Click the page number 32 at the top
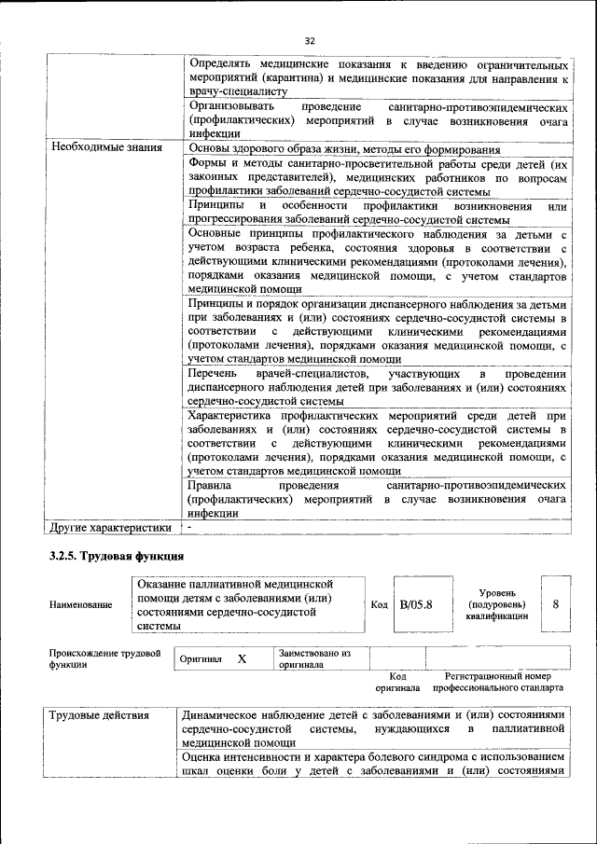point(310,40)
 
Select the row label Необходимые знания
point(106,147)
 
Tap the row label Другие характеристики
point(111,527)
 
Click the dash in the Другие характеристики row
point(189,527)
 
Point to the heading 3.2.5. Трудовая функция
point(117,557)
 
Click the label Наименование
point(81,604)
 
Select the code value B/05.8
point(416,604)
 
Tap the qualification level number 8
point(556,603)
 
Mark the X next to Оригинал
point(242,659)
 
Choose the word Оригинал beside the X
point(201,659)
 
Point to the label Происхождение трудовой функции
point(105,658)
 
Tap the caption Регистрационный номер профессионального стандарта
point(498,682)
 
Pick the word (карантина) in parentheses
point(301,78)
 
